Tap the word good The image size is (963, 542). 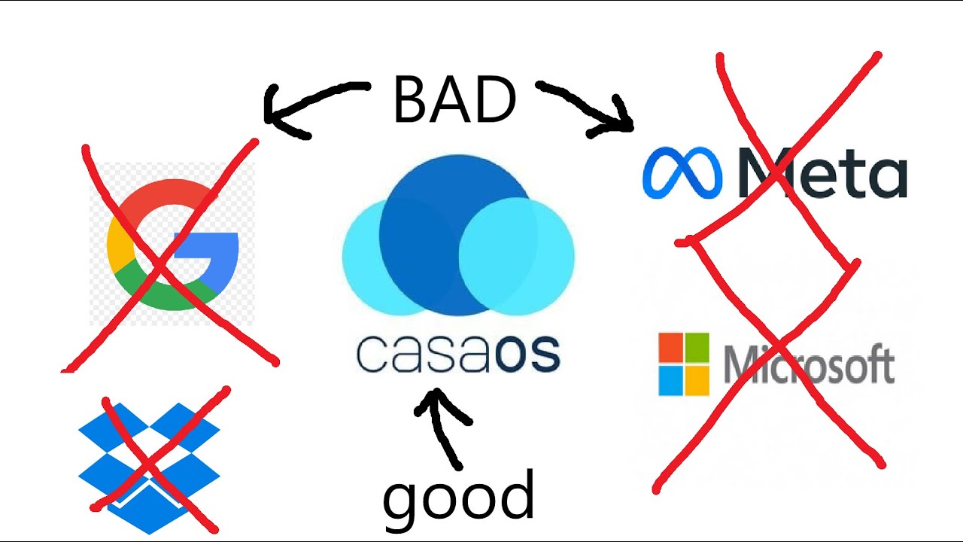458,501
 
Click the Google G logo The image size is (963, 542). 172,245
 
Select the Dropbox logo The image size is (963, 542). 149,468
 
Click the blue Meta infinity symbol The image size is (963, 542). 682,173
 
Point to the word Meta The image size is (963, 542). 823,173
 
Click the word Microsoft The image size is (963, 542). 810,364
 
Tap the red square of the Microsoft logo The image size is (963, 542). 670,347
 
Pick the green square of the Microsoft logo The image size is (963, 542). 697,347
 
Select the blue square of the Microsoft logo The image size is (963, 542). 670,380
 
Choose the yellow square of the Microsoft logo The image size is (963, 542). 697,380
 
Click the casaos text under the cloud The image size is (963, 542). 458,354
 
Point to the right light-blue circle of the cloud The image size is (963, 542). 517,257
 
